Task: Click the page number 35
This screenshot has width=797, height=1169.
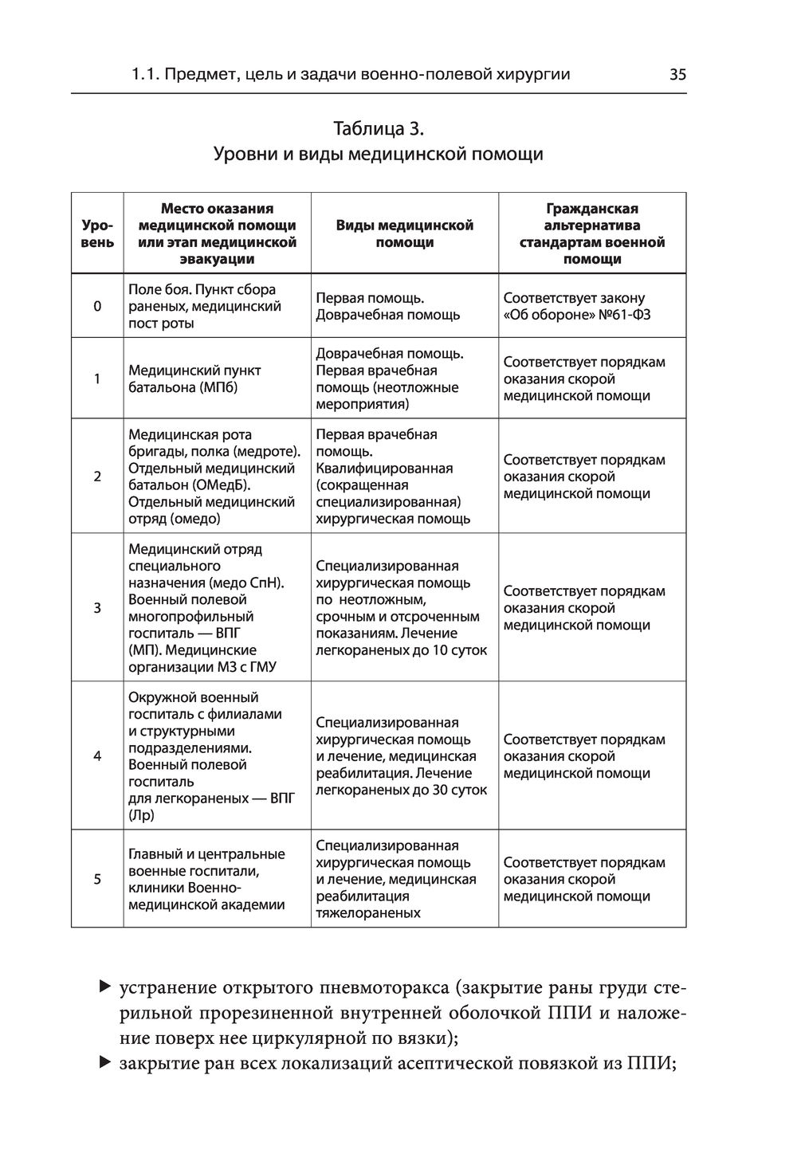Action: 677,75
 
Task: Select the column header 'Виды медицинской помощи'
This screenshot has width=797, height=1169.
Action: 404,233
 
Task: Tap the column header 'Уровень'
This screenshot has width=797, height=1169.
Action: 97,233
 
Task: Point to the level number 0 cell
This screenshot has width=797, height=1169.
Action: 97,306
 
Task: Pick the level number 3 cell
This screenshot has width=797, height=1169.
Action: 97,608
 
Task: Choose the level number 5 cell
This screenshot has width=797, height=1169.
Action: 97,879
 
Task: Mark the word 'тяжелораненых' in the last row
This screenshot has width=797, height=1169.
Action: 368,913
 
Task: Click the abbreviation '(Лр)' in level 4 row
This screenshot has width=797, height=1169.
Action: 141,815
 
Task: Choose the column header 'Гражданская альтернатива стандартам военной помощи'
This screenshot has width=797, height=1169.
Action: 591,233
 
